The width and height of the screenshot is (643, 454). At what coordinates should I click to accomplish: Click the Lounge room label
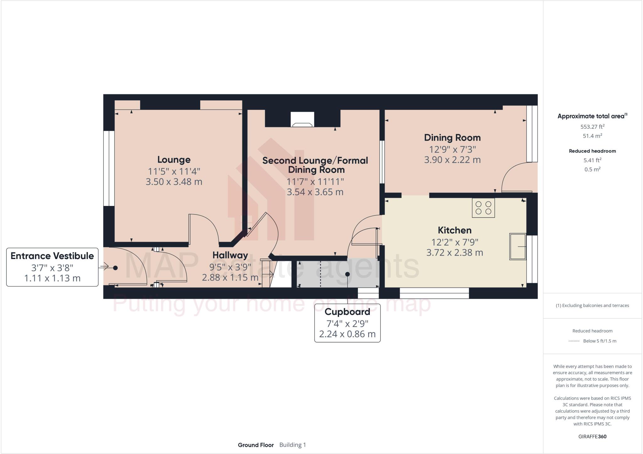click(174, 159)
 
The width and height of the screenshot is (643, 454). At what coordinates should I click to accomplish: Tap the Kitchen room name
click(454, 230)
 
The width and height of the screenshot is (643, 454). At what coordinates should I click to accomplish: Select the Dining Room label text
click(452, 138)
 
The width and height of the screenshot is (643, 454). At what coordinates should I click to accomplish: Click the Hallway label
click(230, 255)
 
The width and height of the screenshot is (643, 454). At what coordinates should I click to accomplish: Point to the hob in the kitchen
click(483, 208)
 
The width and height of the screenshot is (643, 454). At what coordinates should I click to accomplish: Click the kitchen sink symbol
click(517, 246)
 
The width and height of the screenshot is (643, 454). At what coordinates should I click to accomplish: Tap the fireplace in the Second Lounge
click(302, 120)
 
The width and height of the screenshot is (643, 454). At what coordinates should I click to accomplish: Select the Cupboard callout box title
click(347, 312)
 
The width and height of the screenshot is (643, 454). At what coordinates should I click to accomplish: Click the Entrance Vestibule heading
click(52, 256)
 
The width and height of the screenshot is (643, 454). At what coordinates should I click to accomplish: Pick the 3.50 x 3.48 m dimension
click(174, 181)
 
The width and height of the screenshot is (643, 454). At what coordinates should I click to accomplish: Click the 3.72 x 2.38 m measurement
click(454, 252)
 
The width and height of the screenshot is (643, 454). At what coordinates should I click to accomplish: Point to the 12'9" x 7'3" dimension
click(452, 149)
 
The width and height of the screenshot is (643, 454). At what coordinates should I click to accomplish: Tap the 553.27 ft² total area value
click(592, 127)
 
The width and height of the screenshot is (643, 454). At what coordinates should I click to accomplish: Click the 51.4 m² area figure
click(592, 136)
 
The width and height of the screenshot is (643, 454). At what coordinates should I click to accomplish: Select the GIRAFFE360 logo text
click(592, 436)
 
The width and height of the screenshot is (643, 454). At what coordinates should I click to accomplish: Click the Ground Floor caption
click(256, 445)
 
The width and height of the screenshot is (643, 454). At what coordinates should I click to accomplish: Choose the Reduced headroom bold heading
click(592, 151)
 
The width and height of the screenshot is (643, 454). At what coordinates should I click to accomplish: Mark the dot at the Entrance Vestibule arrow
click(115, 268)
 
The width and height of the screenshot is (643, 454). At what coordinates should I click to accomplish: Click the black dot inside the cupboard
click(347, 274)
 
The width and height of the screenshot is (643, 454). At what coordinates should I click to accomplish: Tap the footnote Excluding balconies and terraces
click(592, 305)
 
